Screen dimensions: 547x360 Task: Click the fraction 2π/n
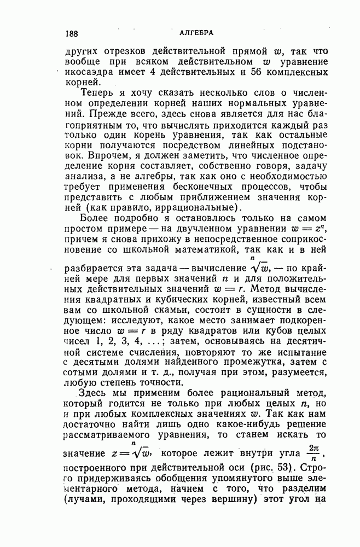coord(312,452)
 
